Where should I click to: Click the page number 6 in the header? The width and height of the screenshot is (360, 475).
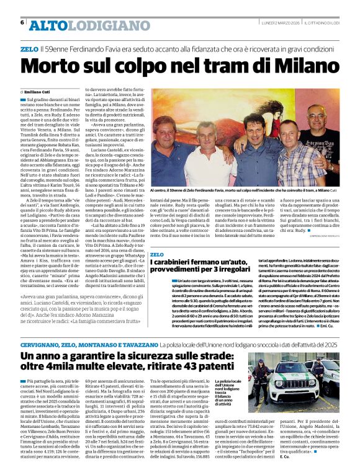(22, 22)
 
